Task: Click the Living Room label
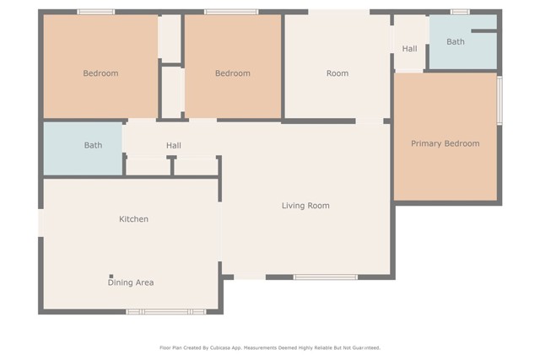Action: [x=305, y=206]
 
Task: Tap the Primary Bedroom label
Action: [x=445, y=144]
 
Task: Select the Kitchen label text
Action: [x=133, y=219]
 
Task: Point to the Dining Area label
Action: [x=130, y=282]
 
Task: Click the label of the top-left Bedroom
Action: [x=100, y=73]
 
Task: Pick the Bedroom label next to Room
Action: [x=232, y=73]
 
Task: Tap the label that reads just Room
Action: [x=337, y=73]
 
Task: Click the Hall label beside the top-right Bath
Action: [x=409, y=49]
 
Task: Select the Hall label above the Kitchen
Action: [x=173, y=146]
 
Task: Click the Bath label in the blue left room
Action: [x=93, y=145]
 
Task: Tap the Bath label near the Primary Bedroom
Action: [x=455, y=41]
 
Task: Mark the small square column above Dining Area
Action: [x=111, y=276]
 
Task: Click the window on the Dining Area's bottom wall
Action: [x=165, y=312]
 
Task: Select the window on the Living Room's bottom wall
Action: [x=325, y=277]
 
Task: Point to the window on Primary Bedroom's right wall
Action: [x=499, y=100]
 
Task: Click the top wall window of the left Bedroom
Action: [x=96, y=12]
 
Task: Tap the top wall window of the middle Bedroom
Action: [x=231, y=12]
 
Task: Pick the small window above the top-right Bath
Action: [x=459, y=12]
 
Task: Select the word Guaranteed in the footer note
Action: [x=363, y=347]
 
